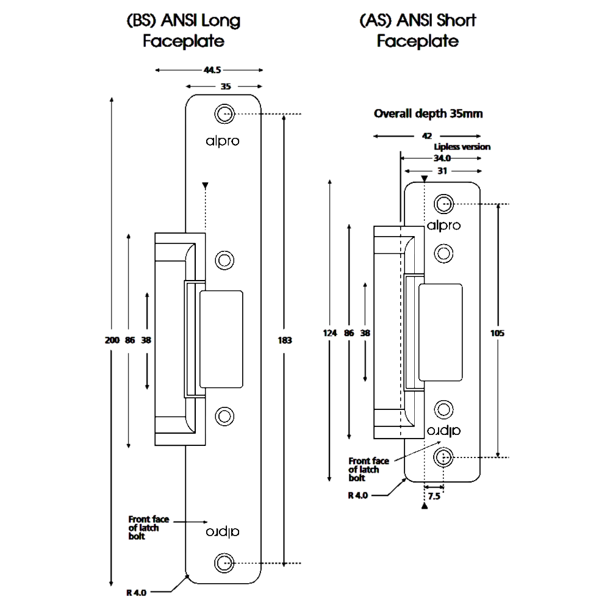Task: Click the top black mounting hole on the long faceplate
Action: (224, 113)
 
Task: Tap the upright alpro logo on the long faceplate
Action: (222, 141)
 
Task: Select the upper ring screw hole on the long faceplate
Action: (224, 260)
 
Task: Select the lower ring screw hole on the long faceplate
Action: (224, 416)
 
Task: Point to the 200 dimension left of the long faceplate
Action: (112, 340)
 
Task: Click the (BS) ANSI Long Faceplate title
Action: (184, 31)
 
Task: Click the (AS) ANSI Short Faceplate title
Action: (418, 31)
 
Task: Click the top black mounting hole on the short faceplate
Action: (443, 203)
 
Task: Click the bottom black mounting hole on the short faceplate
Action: (443, 456)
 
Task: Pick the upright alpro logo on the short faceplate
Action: (443, 225)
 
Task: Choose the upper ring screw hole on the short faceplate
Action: (443, 253)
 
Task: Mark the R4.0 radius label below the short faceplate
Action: (358, 496)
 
